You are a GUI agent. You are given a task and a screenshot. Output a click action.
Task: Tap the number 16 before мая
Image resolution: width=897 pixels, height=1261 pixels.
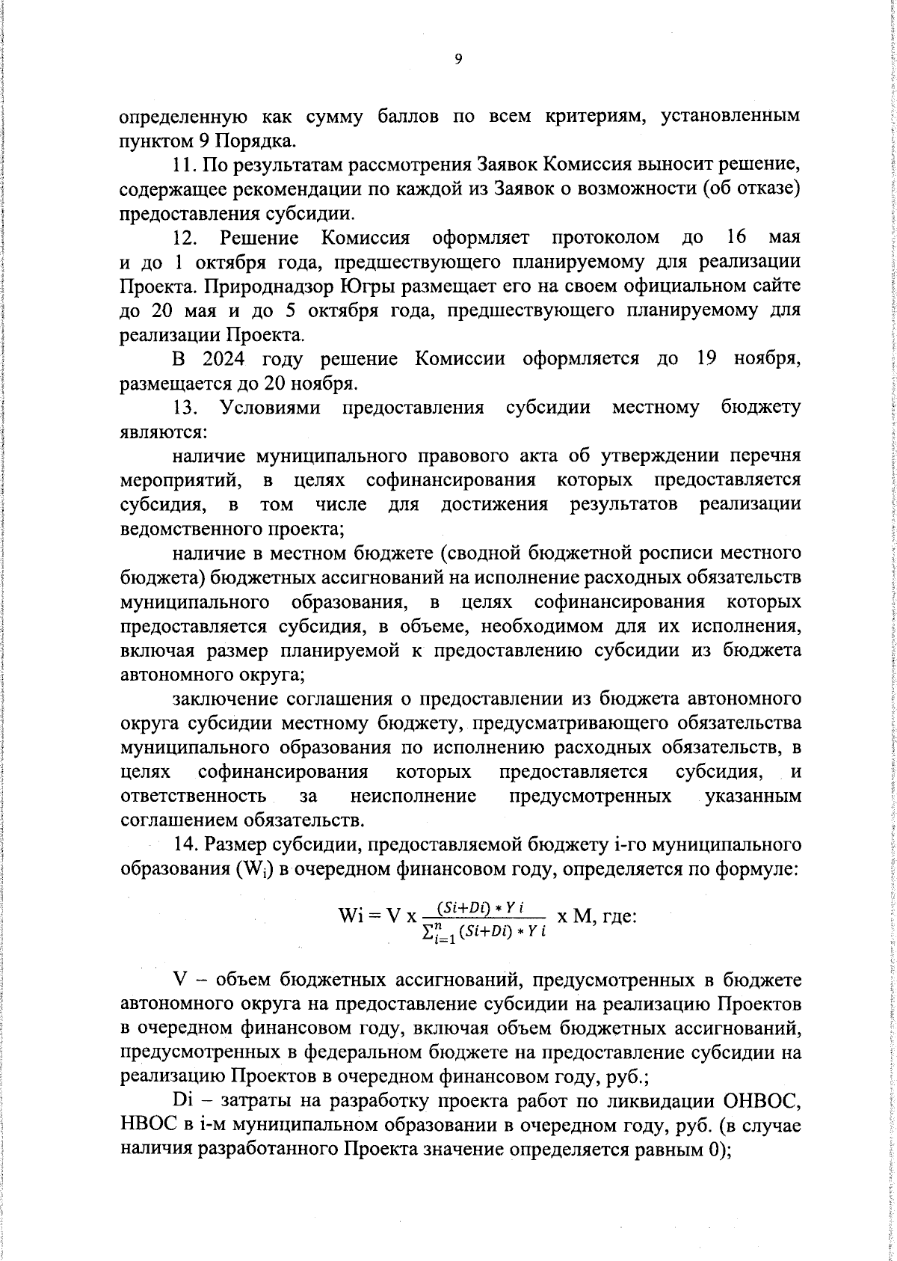(736, 238)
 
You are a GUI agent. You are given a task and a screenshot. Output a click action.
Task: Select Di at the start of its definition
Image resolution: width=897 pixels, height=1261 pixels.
(182, 1101)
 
